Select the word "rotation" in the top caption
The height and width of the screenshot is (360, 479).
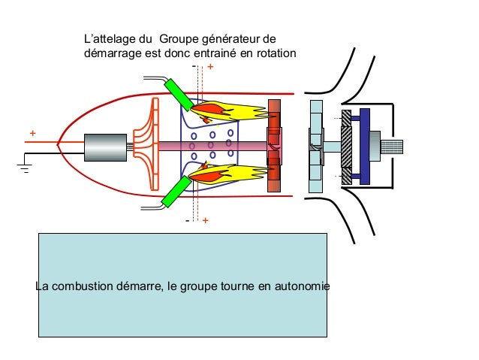click(x=275, y=53)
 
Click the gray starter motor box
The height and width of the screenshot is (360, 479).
click(x=105, y=147)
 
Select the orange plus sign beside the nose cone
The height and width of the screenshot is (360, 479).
click(x=32, y=133)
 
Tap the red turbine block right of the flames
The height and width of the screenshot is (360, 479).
click(x=273, y=145)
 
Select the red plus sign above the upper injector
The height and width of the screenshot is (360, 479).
click(x=209, y=68)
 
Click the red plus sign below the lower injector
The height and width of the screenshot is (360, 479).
click(x=205, y=222)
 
